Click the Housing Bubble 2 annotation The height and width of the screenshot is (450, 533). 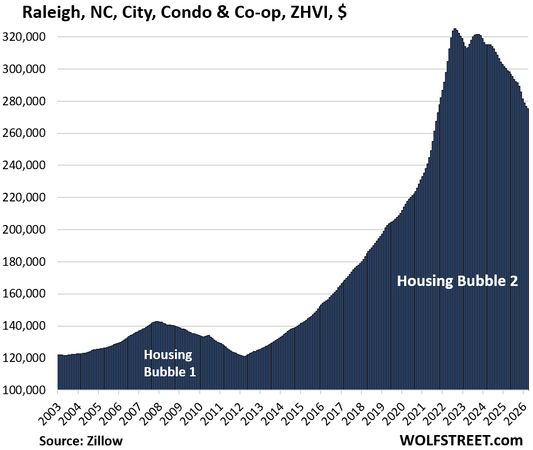458,281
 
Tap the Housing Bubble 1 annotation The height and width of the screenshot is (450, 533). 169,363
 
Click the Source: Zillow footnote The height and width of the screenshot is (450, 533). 81,441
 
